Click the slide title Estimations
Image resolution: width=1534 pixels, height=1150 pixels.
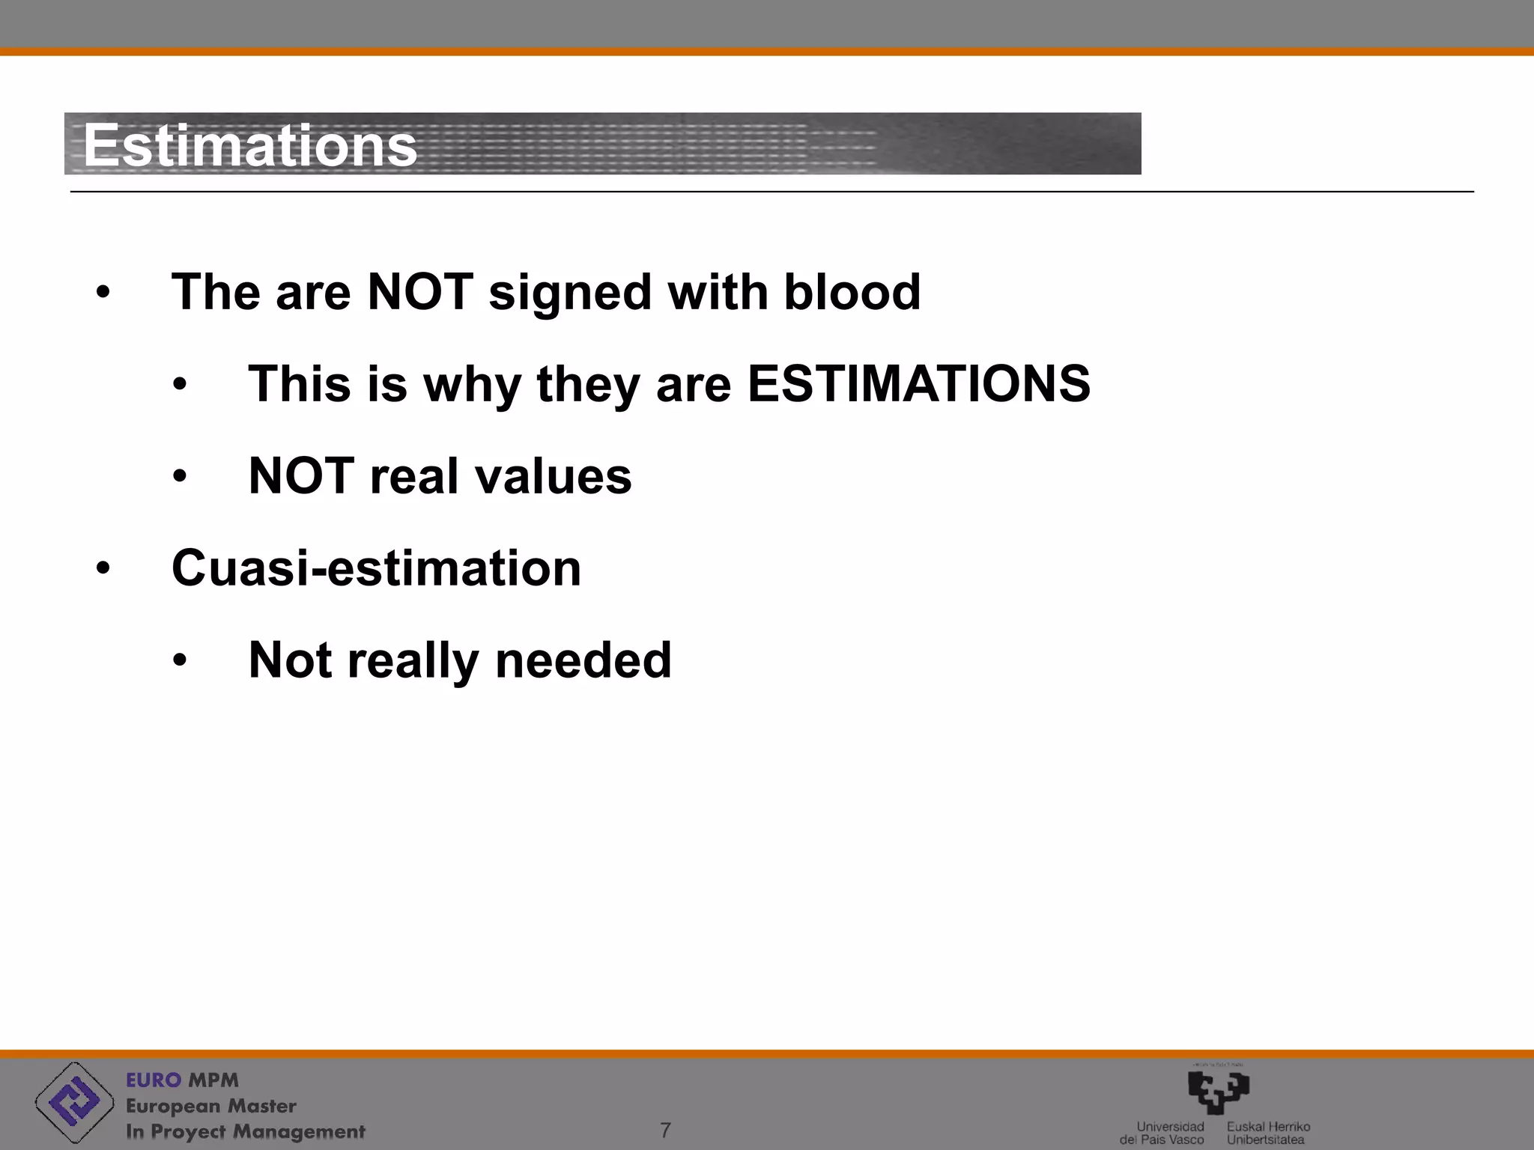point(249,145)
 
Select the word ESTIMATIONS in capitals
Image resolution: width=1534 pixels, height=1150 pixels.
point(918,383)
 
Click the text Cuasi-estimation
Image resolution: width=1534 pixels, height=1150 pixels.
point(376,568)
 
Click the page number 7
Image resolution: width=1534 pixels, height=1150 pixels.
point(665,1130)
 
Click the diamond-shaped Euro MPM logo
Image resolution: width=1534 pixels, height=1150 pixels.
point(74,1102)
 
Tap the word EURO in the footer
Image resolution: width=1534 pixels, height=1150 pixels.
point(154,1080)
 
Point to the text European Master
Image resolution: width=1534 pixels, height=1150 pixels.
point(210,1106)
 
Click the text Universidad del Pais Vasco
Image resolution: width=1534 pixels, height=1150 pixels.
point(1163,1133)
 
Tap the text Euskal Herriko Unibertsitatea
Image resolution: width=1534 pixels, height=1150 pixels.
point(1267,1133)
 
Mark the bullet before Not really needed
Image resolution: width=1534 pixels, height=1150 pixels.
point(179,661)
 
